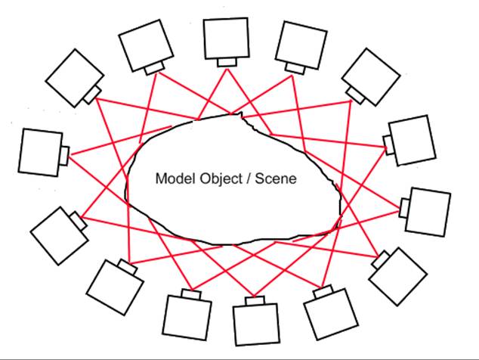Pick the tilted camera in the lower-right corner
coord(397,275)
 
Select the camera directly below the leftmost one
coord(57,234)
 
